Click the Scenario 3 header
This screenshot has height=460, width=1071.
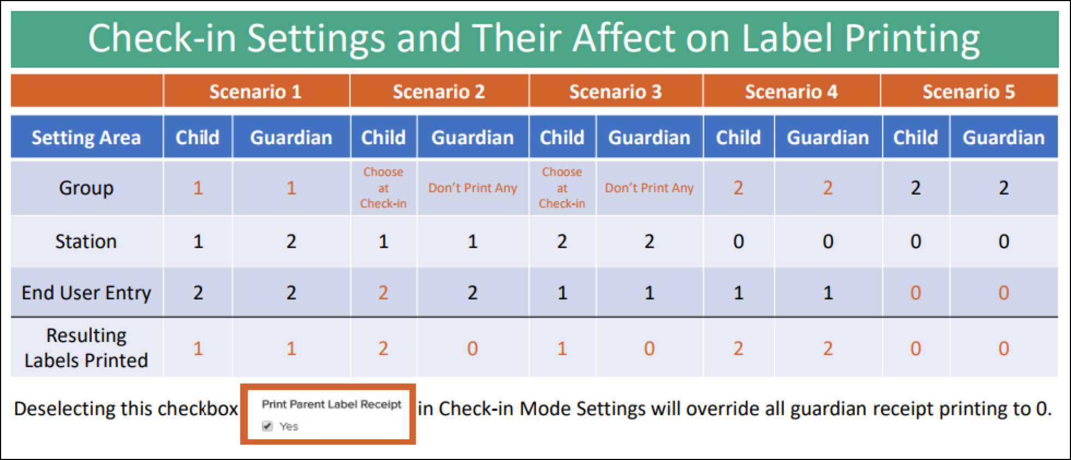pyautogui.click(x=615, y=92)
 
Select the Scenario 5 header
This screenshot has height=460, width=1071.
pyautogui.click(x=968, y=92)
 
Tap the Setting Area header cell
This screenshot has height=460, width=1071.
pyautogui.click(x=86, y=138)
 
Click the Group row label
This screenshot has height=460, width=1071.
pyautogui.click(x=86, y=188)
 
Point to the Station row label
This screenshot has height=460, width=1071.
pyautogui.click(x=86, y=241)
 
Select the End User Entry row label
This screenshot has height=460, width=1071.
pyautogui.click(x=86, y=293)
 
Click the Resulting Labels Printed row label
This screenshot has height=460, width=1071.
pyautogui.click(x=86, y=348)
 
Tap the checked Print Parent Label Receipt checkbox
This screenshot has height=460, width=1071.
pyautogui.click(x=267, y=426)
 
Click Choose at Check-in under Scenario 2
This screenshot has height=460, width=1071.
pyautogui.click(x=383, y=188)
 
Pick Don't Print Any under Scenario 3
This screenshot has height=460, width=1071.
pyautogui.click(x=649, y=188)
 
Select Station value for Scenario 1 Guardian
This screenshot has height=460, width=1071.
pyautogui.click(x=291, y=241)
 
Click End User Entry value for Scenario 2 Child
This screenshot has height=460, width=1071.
pyautogui.click(x=383, y=293)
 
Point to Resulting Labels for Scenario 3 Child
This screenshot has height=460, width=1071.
pyautogui.click(x=562, y=349)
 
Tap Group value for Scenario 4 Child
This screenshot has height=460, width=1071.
pyautogui.click(x=738, y=188)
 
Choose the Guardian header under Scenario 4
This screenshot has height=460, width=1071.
pyautogui.click(x=828, y=138)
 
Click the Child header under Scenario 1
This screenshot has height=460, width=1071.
pyautogui.click(x=198, y=138)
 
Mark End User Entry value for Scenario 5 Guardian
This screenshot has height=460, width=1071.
pyautogui.click(x=1003, y=293)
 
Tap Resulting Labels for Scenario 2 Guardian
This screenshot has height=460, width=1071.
pyautogui.click(x=472, y=349)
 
